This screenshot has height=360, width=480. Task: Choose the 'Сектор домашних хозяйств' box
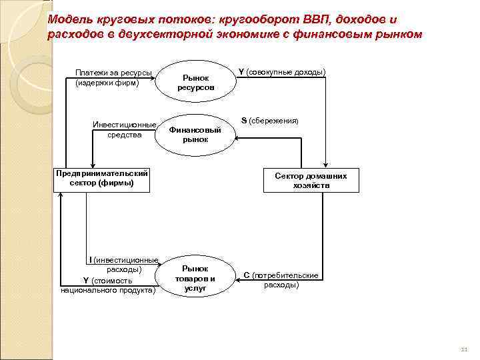click(x=311, y=181)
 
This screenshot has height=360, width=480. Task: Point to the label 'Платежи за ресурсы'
click(x=113, y=73)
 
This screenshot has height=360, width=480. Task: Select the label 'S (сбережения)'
click(x=269, y=121)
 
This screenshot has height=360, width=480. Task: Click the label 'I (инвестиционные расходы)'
click(x=123, y=265)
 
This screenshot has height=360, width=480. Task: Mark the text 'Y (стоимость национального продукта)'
click(x=107, y=285)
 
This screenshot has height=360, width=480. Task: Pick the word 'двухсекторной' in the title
click(x=155, y=34)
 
